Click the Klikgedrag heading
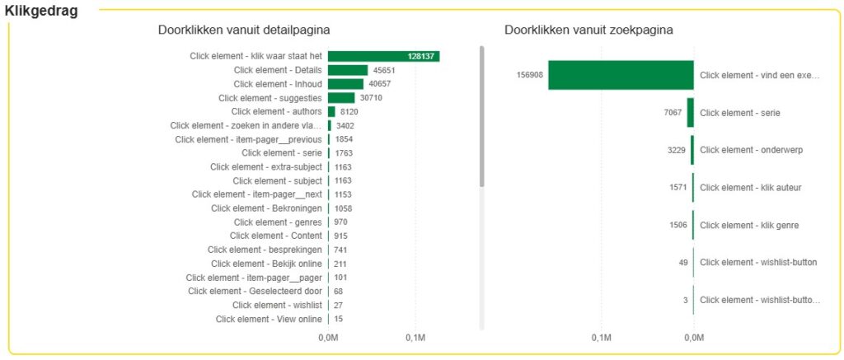click(41, 12)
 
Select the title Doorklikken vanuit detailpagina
click(244, 30)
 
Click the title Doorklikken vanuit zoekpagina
click(588, 30)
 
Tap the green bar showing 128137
click(383, 56)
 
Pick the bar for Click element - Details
click(348, 70)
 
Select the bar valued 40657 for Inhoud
click(346, 84)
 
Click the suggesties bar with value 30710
click(341, 98)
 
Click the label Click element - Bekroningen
click(266, 208)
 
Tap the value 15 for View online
click(339, 319)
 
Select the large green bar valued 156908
click(621, 75)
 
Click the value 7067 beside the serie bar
click(673, 112)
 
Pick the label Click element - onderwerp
click(751, 150)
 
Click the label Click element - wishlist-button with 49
click(758, 263)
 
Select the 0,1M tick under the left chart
click(415, 338)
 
